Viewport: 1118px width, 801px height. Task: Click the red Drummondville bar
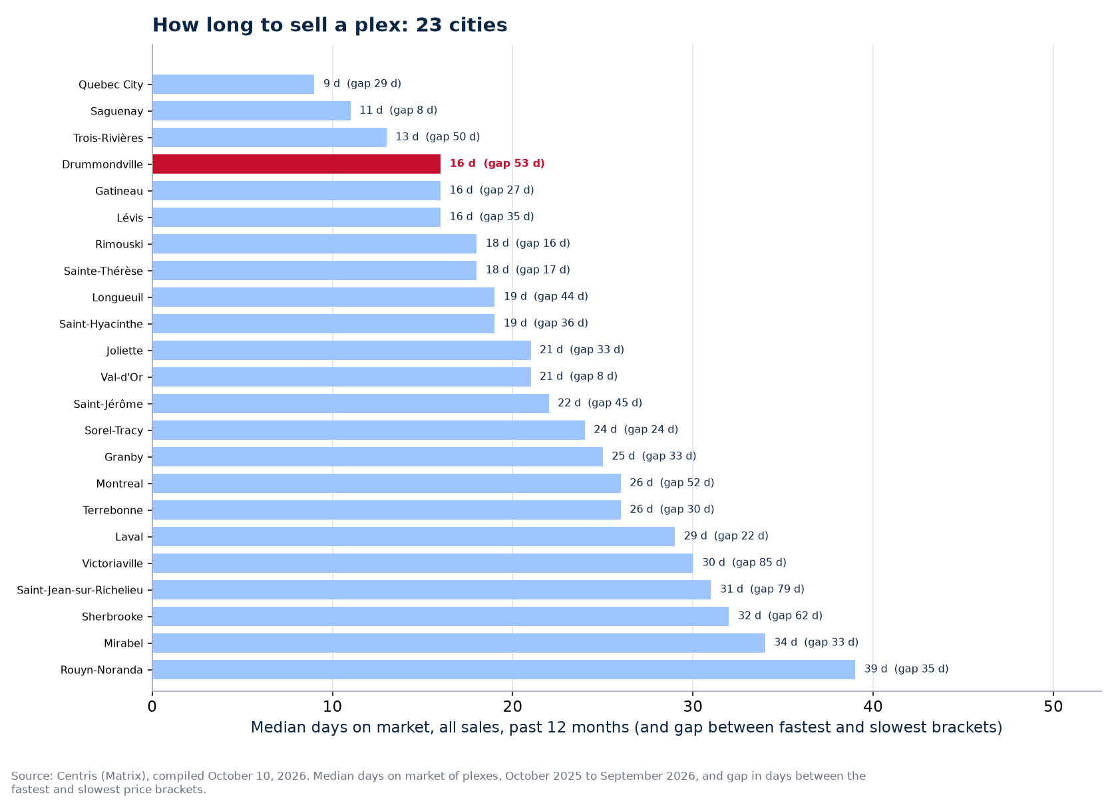point(297,164)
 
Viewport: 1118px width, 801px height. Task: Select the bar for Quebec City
point(233,84)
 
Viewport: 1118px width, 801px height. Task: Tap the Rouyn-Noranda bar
point(504,670)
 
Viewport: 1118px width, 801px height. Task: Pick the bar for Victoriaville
point(422,563)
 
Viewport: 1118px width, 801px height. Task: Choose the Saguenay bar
point(252,111)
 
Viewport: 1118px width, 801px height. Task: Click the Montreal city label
point(119,484)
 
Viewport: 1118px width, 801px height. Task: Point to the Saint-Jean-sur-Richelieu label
point(80,590)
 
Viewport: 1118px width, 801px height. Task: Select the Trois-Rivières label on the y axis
point(108,138)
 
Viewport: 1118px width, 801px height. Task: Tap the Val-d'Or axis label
point(122,377)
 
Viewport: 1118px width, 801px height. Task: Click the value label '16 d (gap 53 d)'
point(497,164)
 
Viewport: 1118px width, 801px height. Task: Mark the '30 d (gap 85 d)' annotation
point(744,562)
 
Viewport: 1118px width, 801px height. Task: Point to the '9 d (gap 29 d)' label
point(362,83)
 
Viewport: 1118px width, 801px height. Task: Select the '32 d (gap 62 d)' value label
point(780,616)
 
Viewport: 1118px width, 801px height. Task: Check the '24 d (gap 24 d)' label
point(636,430)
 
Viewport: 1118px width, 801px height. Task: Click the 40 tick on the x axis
point(873,707)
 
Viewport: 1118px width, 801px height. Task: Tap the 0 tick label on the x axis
point(152,707)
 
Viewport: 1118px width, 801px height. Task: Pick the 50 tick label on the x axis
point(1053,707)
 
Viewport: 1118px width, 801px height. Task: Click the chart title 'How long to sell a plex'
point(329,25)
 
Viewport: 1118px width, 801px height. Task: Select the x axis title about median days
point(626,728)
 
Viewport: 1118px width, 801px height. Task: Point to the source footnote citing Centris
point(438,782)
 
